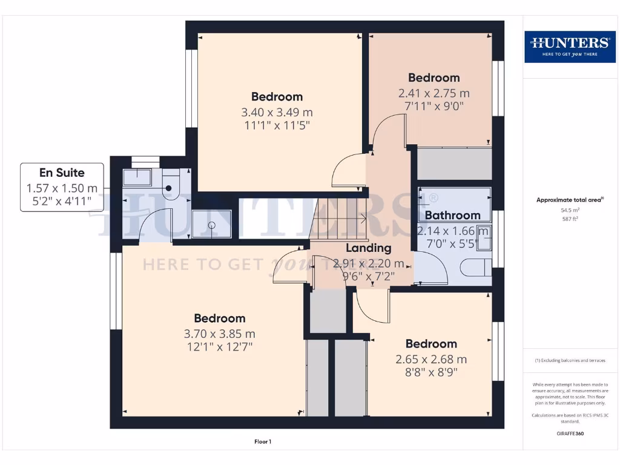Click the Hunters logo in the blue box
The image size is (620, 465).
click(x=570, y=46)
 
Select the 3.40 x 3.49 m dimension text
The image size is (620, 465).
click(x=277, y=112)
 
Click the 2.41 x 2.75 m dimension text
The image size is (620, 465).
click(x=434, y=93)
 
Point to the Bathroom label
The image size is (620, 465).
click(x=452, y=215)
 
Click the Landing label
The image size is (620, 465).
click(x=368, y=248)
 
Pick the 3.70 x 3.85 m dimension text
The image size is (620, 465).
click(x=219, y=334)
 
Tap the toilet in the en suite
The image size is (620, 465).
click(x=171, y=185)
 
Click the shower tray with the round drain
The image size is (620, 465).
click(x=211, y=224)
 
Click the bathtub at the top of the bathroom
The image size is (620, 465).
click(x=455, y=196)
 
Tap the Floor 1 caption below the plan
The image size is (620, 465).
click(x=262, y=442)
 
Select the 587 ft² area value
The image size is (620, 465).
click(x=570, y=219)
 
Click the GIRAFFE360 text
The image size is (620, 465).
click(x=570, y=434)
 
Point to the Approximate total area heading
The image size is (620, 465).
click(x=570, y=200)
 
